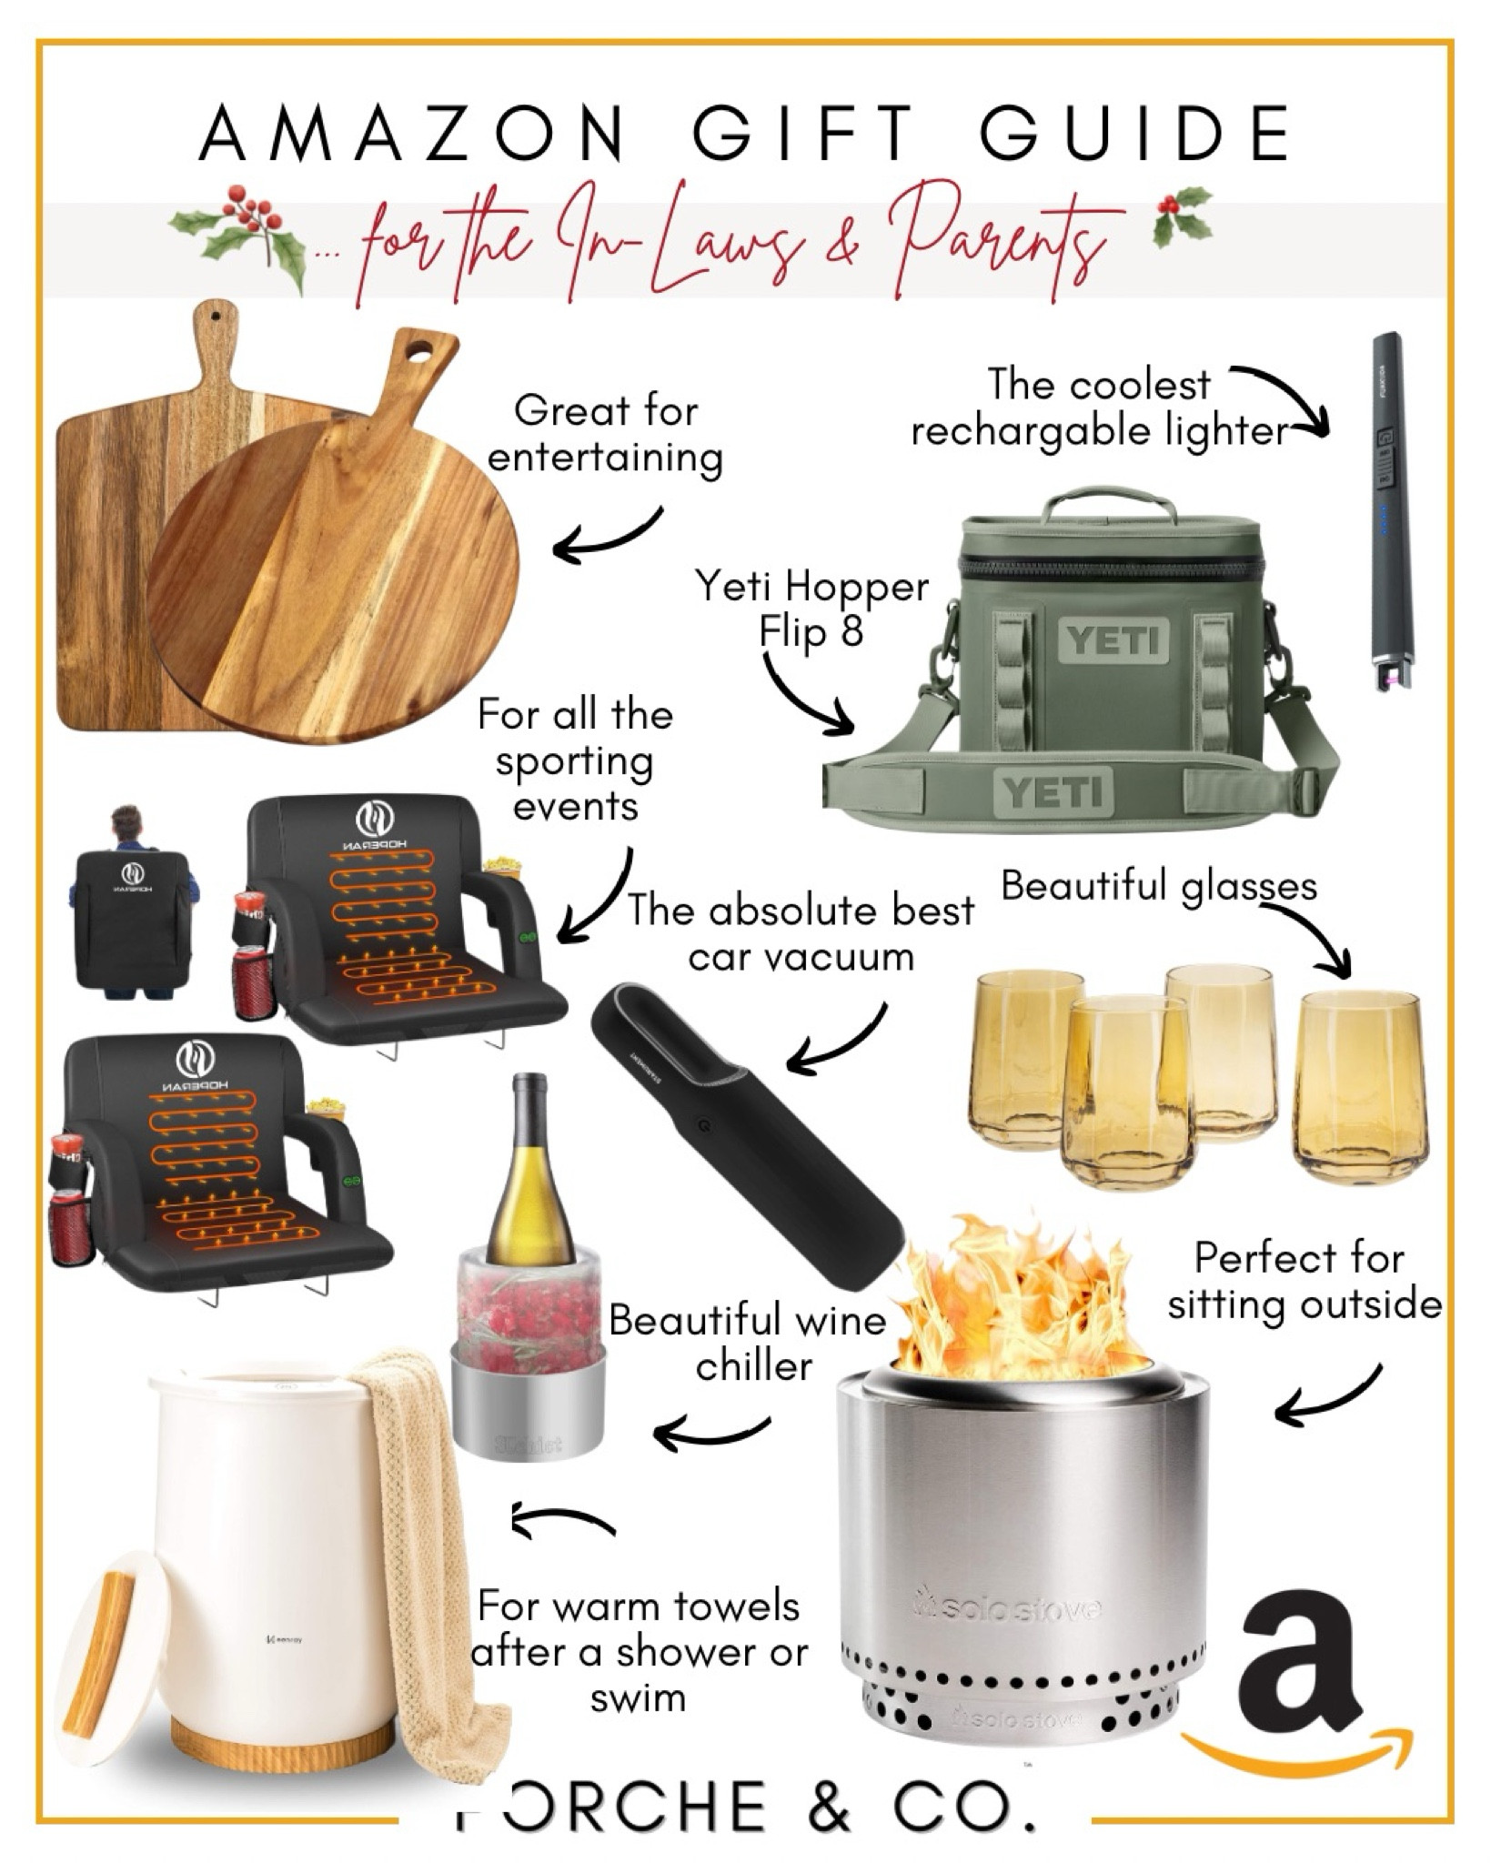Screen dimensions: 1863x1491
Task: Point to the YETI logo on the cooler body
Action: tap(1113, 640)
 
